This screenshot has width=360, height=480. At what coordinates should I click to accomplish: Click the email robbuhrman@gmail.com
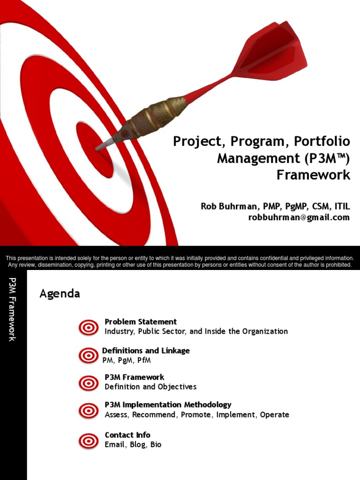(x=299, y=217)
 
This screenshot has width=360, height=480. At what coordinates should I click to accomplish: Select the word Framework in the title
(x=313, y=175)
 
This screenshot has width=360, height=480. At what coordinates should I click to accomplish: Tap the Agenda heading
(x=60, y=294)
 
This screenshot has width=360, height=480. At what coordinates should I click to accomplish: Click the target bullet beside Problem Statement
(x=88, y=327)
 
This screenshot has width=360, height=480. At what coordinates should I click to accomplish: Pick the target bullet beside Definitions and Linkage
(x=88, y=355)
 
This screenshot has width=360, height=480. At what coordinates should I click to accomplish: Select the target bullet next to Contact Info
(x=88, y=440)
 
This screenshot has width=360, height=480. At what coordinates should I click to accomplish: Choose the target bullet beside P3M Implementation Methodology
(x=88, y=410)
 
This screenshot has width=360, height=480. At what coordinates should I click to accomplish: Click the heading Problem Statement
(x=141, y=322)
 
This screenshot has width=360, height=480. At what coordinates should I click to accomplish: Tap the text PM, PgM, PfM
(x=127, y=360)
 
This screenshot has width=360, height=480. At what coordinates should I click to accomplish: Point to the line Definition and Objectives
(x=150, y=387)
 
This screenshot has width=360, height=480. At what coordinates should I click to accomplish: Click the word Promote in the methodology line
(x=196, y=415)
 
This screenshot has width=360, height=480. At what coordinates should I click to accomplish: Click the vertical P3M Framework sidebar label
(x=13, y=309)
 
